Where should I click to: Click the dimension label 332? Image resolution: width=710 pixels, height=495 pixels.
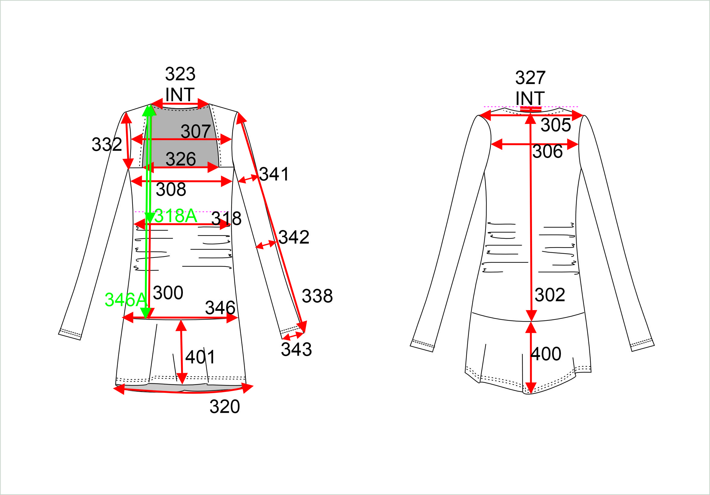pyautogui.click(x=107, y=144)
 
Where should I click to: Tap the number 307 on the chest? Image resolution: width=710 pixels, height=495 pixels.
pyautogui.click(x=196, y=131)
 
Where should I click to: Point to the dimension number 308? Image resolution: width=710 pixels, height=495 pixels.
pyautogui.click(x=171, y=189)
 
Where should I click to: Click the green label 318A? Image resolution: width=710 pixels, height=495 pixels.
pyautogui.click(x=176, y=216)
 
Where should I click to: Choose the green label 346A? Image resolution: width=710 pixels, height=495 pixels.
pyautogui.click(x=126, y=299)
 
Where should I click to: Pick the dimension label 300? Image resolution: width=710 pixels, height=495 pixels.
pyautogui.click(x=168, y=293)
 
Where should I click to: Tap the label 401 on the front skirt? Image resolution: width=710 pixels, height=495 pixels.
pyautogui.click(x=200, y=357)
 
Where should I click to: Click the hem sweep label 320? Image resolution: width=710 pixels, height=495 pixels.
pyautogui.click(x=224, y=406)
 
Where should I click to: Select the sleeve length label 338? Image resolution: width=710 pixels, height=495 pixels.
pyautogui.click(x=317, y=296)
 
